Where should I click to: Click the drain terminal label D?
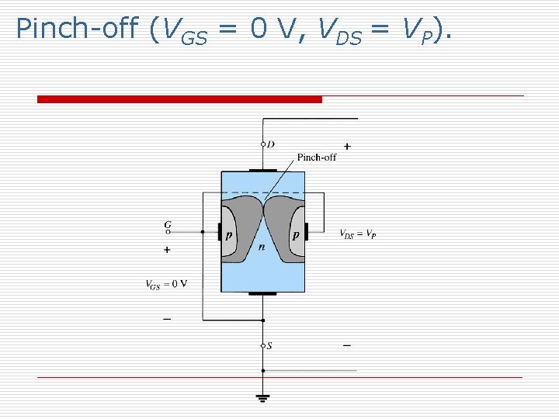click(x=270, y=144)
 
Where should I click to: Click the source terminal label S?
click(x=269, y=345)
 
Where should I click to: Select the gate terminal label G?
click(x=167, y=225)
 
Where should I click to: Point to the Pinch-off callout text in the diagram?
click(x=318, y=158)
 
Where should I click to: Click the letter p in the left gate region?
click(x=229, y=234)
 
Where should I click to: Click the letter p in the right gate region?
click(x=297, y=234)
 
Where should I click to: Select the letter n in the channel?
click(x=262, y=248)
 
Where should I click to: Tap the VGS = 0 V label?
click(x=166, y=283)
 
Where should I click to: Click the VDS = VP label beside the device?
click(x=358, y=233)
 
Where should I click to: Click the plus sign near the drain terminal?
click(x=346, y=146)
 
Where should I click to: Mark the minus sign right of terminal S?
click(x=346, y=345)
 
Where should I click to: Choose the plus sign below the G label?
click(x=167, y=250)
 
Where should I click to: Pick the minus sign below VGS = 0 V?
click(x=167, y=318)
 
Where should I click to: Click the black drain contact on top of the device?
click(x=263, y=169)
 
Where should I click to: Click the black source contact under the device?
click(x=263, y=294)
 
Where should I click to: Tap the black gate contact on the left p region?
click(x=220, y=231)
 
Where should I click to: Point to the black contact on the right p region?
click(x=306, y=231)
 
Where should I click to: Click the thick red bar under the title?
click(x=179, y=99)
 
